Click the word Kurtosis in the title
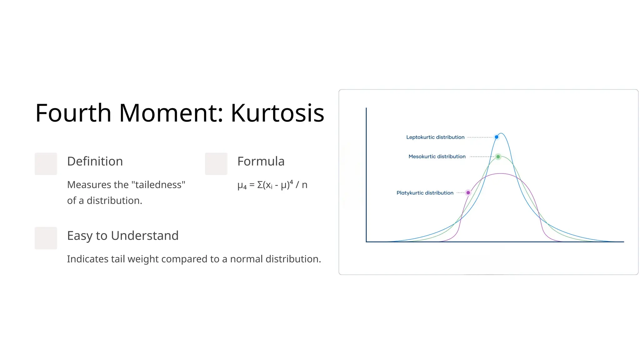pos(277,113)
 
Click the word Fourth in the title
pos(73,113)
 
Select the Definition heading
pos(95,161)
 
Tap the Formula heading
pos(261,161)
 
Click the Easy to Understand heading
pos(122,236)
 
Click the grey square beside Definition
pos(46,164)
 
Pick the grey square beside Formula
pos(216,164)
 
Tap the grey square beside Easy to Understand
pos(46,238)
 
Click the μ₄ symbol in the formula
pos(242,186)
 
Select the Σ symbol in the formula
pos(260,185)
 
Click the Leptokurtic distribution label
pos(435,137)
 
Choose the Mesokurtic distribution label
pos(437,157)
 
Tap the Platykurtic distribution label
pos(425,193)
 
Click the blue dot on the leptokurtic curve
pos(497,137)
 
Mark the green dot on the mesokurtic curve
pos(498,157)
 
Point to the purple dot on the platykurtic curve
pos(468,192)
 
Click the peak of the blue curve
pos(501,133)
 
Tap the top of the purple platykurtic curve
pos(501,173)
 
